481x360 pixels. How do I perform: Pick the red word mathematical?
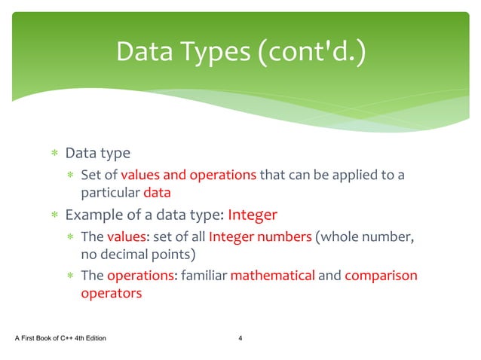click(x=272, y=276)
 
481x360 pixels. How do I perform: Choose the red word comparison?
click(x=381, y=276)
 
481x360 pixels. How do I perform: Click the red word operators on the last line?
click(x=111, y=294)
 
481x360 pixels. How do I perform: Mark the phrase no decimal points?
click(x=138, y=253)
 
